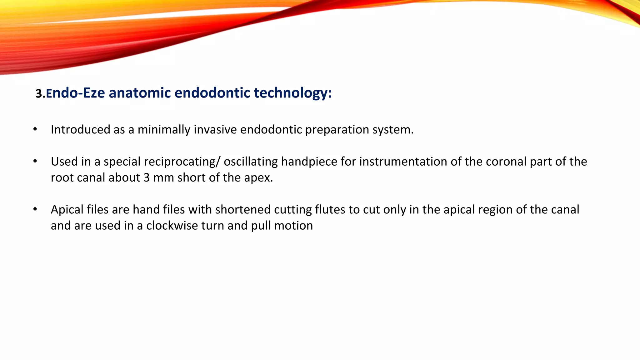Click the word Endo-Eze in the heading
pos(75,93)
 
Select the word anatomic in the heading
pos(140,93)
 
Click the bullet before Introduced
pos(35,129)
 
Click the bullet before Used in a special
pos(35,162)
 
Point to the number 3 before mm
pos(147,177)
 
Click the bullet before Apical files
pos(35,209)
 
